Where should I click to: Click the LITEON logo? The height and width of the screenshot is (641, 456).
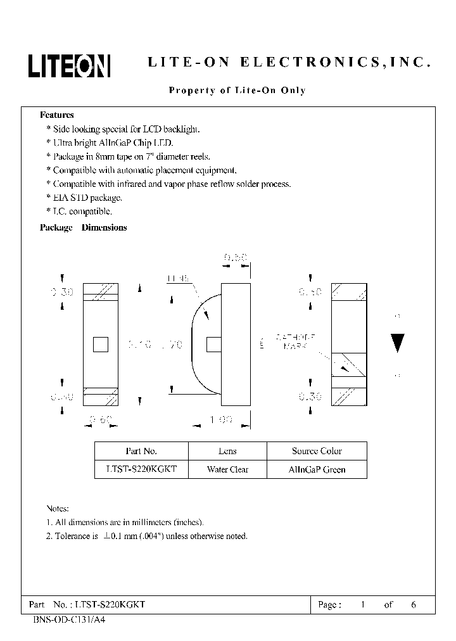click(69, 64)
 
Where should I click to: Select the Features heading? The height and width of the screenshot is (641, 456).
click(57, 115)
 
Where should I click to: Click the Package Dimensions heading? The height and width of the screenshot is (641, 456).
click(83, 227)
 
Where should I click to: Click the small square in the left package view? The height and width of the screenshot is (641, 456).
click(101, 345)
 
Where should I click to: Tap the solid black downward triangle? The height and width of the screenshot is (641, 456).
click(398, 342)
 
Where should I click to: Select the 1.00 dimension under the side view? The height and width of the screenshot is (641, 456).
click(221, 419)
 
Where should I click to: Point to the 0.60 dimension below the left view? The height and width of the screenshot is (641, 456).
click(100, 419)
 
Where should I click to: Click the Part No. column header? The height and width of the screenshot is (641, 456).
click(141, 451)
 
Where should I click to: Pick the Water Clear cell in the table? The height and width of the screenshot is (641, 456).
click(227, 469)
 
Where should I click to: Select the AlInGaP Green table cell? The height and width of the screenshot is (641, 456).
click(317, 469)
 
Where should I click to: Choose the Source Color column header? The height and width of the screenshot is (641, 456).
click(317, 451)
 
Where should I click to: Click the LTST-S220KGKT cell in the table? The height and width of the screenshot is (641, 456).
click(141, 469)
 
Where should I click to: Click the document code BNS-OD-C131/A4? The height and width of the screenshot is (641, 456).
click(69, 620)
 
